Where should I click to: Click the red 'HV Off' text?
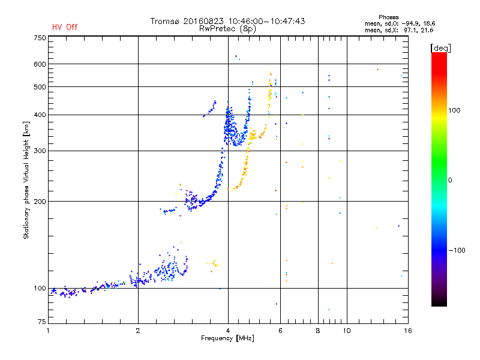65,27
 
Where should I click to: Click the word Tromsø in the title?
164,21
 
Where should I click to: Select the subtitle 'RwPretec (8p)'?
227,29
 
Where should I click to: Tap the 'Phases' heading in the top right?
388,17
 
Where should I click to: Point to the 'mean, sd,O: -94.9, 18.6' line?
400,23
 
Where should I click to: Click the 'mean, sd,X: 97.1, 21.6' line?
399,30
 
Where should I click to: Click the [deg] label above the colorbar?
440,48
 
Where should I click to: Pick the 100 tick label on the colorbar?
454,110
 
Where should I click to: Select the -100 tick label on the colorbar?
457,250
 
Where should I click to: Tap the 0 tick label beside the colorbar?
450,181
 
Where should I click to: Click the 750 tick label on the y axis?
40,38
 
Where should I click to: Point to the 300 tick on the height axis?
40,151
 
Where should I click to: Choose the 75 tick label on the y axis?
42,322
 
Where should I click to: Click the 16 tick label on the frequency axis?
408,331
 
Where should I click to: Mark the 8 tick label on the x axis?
318,331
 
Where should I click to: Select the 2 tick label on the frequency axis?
138,331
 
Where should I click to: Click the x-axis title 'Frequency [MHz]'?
227,338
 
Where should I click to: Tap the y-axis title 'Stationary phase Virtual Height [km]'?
26,180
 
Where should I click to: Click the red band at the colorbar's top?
439,59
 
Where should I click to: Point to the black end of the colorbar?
439,302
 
